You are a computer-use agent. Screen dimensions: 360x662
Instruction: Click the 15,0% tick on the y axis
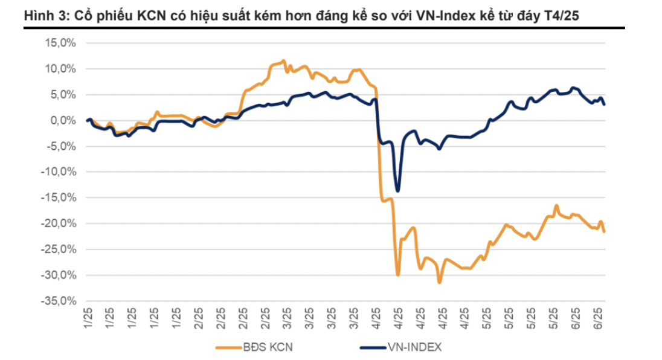(60, 43)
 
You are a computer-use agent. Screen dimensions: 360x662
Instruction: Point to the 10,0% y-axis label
(60, 69)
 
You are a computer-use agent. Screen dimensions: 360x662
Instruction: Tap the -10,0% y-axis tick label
(59, 172)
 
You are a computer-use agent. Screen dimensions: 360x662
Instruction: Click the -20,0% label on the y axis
(59, 223)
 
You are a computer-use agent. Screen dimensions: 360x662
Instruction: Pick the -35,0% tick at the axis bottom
(59, 301)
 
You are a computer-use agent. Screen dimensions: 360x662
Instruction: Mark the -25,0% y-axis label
(59, 249)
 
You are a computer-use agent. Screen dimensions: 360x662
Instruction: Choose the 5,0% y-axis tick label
(62, 95)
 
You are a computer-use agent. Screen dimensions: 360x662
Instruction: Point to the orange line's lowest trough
(439, 282)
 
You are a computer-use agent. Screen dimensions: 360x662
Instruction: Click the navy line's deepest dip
(397, 191)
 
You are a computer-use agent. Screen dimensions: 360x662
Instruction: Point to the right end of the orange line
(604, 231)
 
